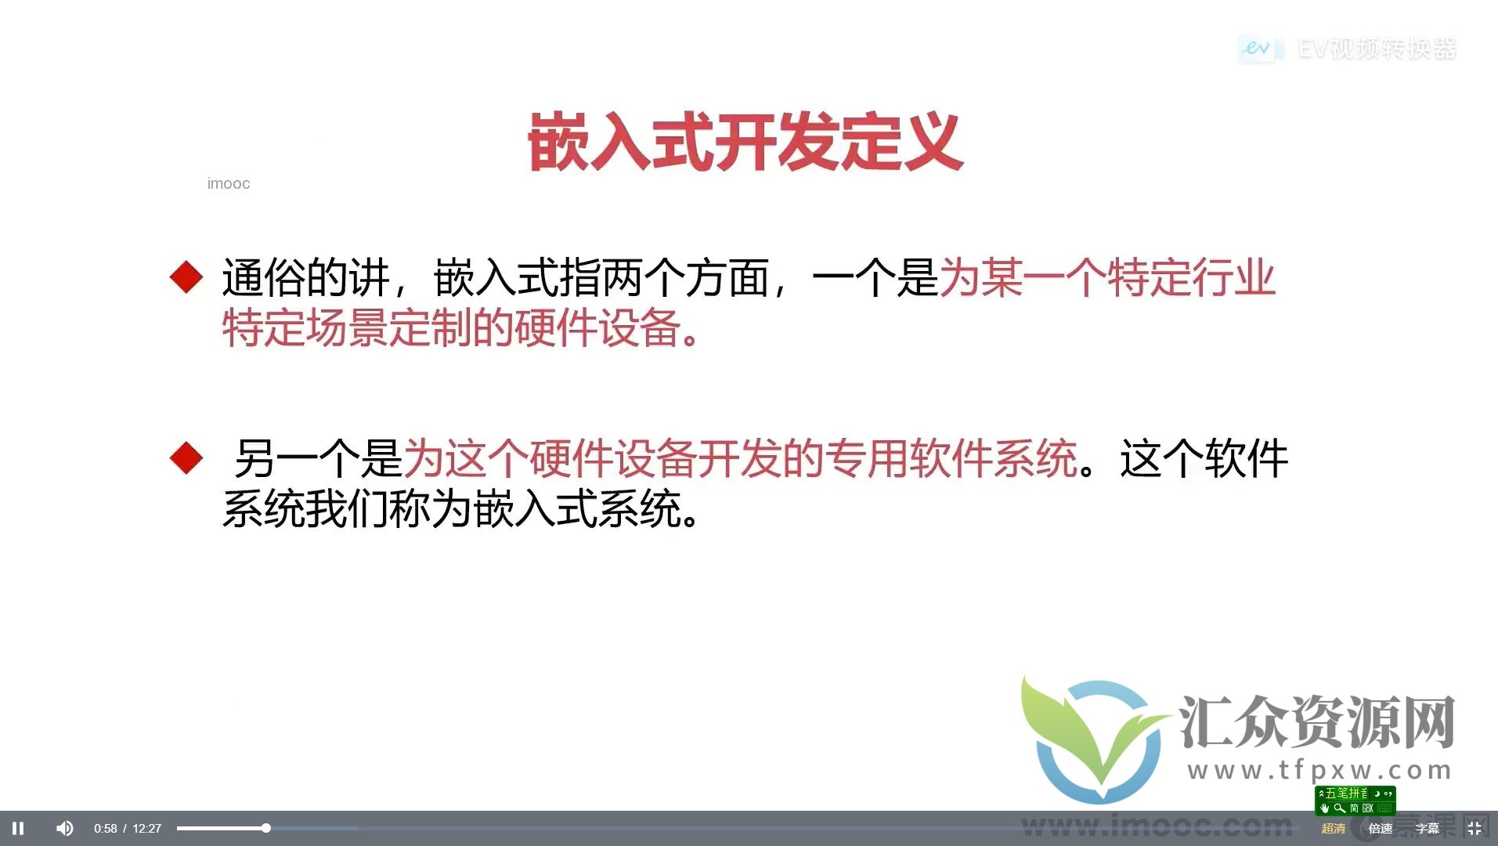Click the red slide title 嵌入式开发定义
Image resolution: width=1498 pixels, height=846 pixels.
[x=745, y=142]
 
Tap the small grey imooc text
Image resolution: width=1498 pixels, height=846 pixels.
[x=229, y=183]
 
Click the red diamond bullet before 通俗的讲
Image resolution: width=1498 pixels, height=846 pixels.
[x=186, y=277]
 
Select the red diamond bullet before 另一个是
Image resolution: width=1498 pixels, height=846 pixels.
[x=186, y=457]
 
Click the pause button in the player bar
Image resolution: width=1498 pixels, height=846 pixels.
[x=18, y=828]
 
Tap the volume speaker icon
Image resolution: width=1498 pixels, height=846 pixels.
[x=65, y=828]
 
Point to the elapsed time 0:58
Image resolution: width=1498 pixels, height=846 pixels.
[x=105, y=829]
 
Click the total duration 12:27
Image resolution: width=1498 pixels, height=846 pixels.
[x=146, y=829]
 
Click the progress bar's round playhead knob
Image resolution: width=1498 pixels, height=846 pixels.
[x=266, y=828]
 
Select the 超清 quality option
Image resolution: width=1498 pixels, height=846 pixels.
[x=1333, y=829]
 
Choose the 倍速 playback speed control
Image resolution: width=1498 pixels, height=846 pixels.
[x=1380, y=829]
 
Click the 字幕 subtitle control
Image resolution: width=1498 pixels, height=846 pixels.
[x=1427, y=829]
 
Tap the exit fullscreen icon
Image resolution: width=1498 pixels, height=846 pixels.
[x=1475, y=828]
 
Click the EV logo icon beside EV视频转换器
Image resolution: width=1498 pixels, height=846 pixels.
[x=1257, y=49]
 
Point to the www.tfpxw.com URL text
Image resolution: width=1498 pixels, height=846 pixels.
[x=1319, y=771]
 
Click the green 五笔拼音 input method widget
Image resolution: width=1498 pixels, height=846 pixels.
[x=1355, y=801]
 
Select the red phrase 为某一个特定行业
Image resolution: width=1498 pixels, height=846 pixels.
[x=1107, y=277]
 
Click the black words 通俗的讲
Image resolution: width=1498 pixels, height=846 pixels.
[x=305, y=277]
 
